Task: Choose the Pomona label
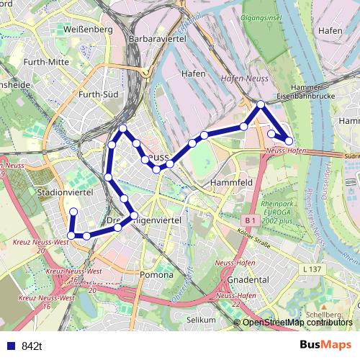point(156,274)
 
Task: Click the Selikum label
point(201,319)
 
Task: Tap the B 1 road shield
point(250,219)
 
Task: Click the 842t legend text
point(32,346)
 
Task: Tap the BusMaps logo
point(325,345)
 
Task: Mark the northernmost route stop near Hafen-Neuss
point(261,105)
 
